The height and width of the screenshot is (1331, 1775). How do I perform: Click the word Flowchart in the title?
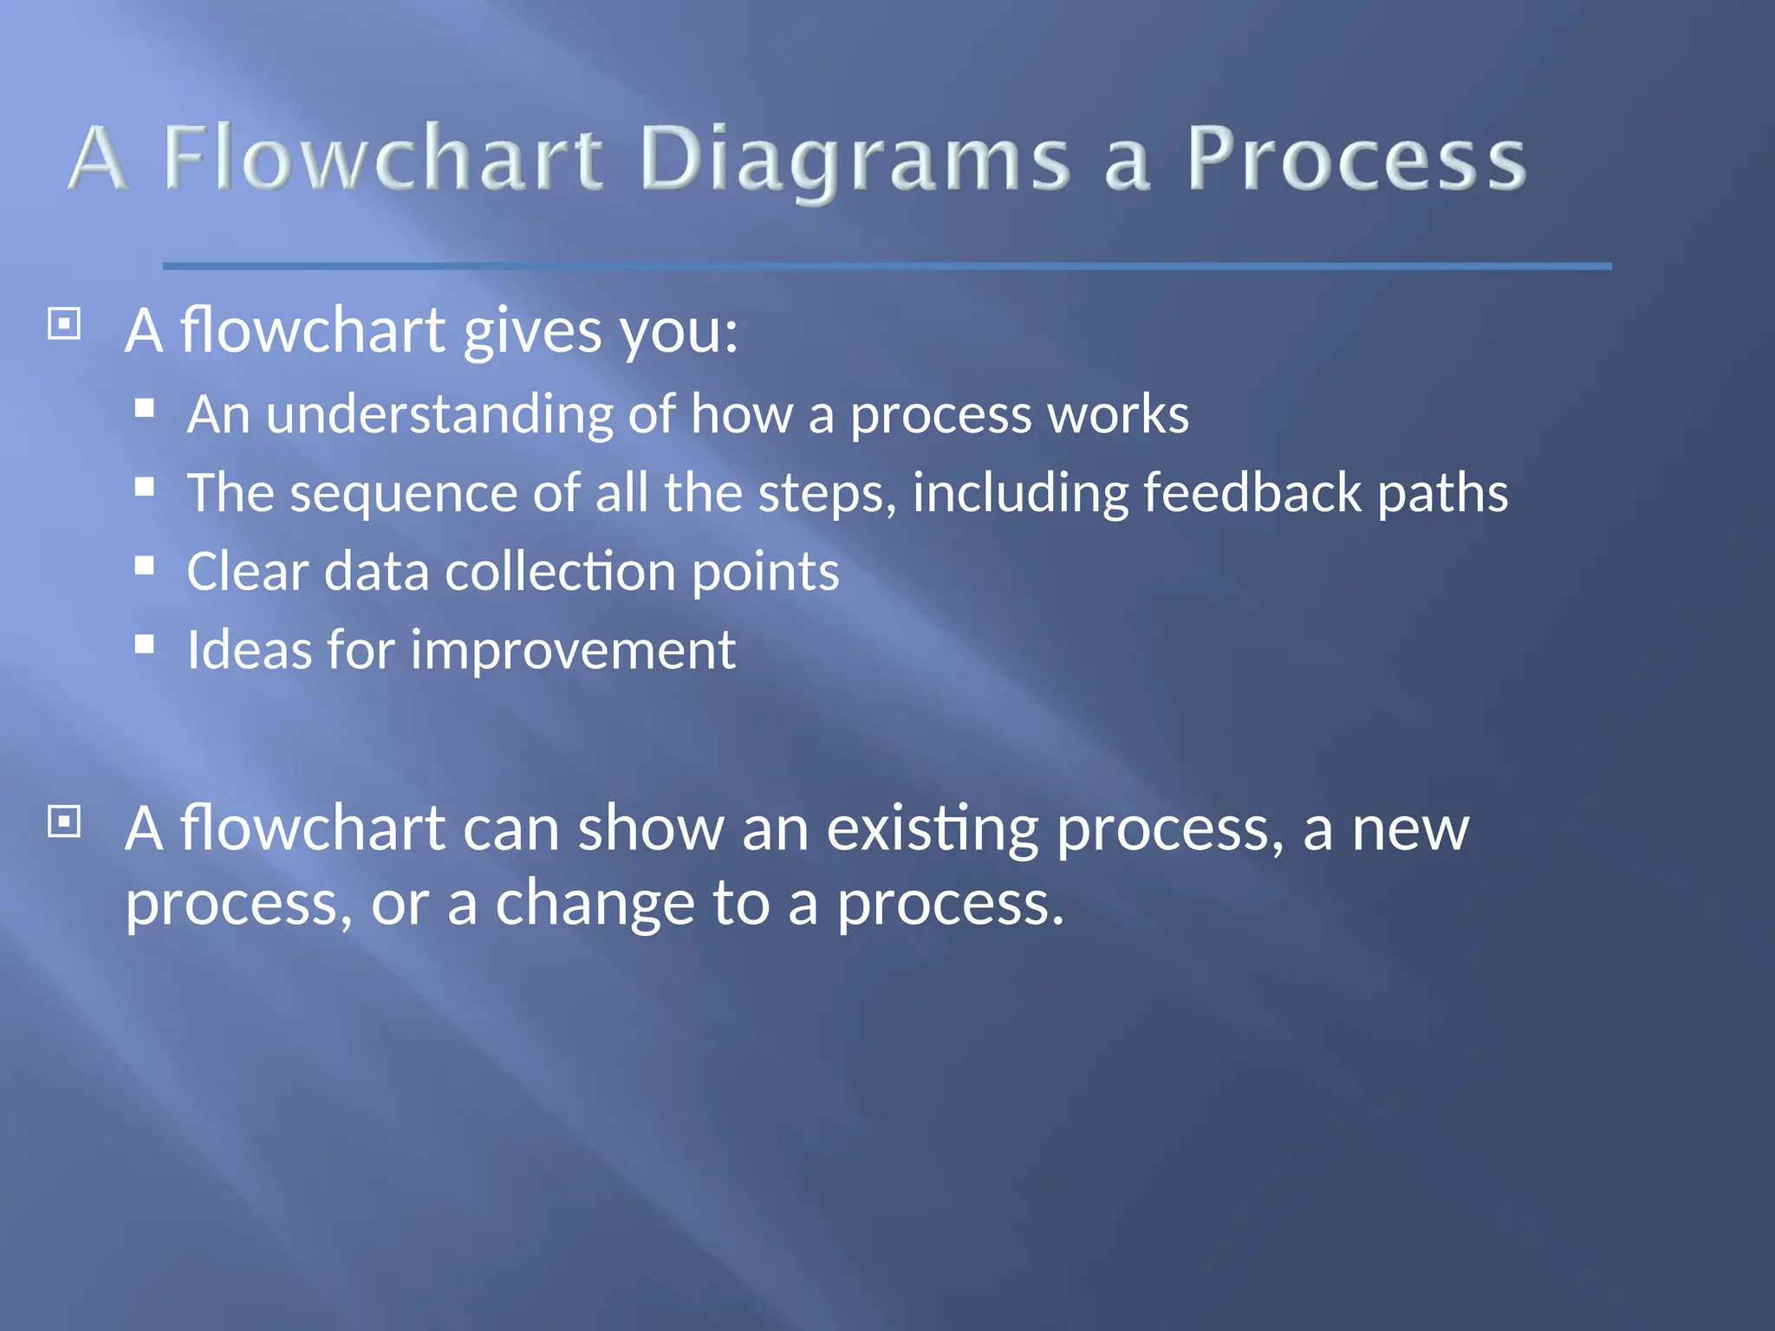(382, 158)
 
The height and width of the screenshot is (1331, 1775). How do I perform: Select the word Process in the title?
(1356, 158)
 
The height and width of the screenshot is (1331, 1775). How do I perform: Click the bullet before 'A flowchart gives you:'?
(64, 325)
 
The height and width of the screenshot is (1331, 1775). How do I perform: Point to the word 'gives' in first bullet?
(532, 332)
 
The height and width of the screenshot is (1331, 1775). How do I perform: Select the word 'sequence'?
(403, 494)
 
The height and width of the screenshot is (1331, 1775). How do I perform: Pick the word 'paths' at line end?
(1442, 494)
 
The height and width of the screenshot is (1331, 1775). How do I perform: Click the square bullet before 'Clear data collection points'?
(145, 566)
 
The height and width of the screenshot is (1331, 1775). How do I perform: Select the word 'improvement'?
(573, 652)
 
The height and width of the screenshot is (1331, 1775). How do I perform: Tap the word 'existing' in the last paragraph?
(932, 830)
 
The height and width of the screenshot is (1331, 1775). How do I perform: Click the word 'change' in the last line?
(595, 903)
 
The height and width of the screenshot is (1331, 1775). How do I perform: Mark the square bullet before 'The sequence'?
(145, 487)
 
